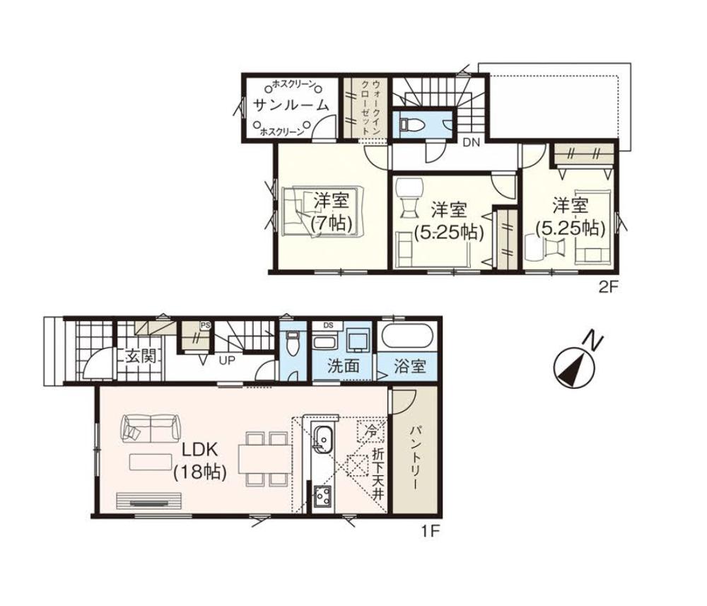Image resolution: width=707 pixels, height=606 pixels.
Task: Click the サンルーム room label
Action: (x=291, y=105)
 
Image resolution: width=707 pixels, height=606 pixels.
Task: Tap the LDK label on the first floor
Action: (x=200, y=450)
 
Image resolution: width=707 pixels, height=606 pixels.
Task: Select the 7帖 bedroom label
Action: (x=332, y=211)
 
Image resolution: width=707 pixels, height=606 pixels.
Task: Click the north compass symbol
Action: (x=574, y=366)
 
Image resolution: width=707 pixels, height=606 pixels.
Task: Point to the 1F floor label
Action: (x=430, y=532)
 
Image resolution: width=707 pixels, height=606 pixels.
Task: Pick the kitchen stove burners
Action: (x=322, y=496)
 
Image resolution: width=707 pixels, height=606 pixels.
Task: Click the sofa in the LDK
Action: (x=150, y=427)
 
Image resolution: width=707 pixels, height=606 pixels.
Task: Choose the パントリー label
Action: (x=414, y=458)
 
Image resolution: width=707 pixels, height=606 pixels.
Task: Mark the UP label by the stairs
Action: (x=227, y=361)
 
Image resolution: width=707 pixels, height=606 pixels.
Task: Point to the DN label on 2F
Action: (x=471, y=142)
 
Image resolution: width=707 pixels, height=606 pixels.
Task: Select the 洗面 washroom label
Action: (x=344, y=366)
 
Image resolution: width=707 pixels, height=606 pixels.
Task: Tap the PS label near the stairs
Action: (x=205, y=325)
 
